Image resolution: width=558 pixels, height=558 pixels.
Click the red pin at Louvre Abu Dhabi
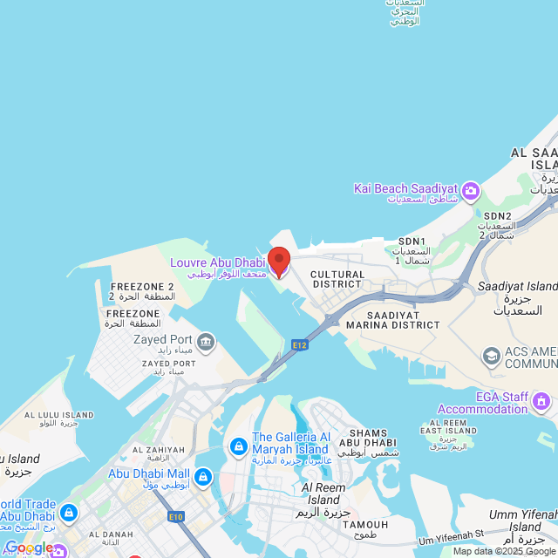[278, 262]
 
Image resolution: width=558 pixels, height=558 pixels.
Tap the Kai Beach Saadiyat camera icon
[471, 190]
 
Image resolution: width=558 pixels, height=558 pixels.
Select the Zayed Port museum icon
[206, 340]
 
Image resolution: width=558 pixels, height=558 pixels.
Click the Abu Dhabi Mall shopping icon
[202, 477]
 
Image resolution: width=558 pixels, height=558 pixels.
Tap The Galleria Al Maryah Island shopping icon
[237, 446]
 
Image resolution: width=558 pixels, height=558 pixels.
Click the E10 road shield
[176, 517]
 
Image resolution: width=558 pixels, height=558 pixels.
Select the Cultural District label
[337, 279]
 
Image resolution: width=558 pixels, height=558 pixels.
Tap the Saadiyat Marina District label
[391, 320]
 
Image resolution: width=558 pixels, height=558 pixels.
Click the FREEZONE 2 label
[142, 287]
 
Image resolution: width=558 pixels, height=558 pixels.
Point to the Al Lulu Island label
[59, 415]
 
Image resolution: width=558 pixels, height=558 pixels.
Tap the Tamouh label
[365, 524]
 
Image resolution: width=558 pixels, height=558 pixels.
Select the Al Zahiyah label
[158, 450]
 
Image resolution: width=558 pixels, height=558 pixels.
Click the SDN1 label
[412, 242]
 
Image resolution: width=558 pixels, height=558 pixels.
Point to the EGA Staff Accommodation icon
[541, 401]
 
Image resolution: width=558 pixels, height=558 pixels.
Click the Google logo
[29, 548]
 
